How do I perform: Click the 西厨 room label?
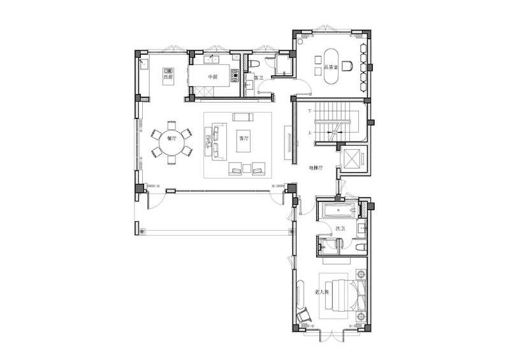(168, 77)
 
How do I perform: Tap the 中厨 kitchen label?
(214, 77)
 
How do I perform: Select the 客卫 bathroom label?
(258, 78)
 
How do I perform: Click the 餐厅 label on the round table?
(171, 138)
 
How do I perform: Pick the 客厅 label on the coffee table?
(242, 138)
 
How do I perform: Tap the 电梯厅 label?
(317, 168)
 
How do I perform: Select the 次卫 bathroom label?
(340, 228)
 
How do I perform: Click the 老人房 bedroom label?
(321, 292)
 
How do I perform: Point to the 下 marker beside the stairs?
(310, 111)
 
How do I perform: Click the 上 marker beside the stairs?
(310, 133)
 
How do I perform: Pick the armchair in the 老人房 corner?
(305, 313)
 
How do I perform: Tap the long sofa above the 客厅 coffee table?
(242, 117)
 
